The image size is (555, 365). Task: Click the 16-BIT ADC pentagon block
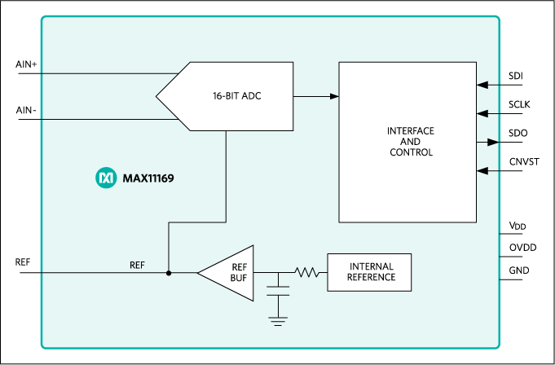click(x=232, y=96)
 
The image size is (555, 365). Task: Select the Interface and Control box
click(x=407, y=179)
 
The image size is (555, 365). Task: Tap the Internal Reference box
click(x=369, y=272)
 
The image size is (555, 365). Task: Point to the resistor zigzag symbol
click(x=306, y=272)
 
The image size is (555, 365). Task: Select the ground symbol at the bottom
click(x=279, y=321)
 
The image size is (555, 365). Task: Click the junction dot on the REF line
click(x=169, y=272)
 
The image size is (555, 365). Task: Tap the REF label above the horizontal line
click(x=137, y=265)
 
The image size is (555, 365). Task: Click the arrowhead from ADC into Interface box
click(x=334, y=96)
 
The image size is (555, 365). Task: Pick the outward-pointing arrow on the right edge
click(x=493, y=142)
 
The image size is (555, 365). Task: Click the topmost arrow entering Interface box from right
click(x=482, y=85)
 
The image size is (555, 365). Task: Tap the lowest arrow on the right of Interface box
click(x=482, y=170)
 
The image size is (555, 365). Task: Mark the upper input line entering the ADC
click(x=98, y=73)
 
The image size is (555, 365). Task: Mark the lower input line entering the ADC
click(x=98, y=119)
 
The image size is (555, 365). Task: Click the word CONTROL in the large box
click(x=411, y=152)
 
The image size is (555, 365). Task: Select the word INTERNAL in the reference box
click(x=372, y=266)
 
